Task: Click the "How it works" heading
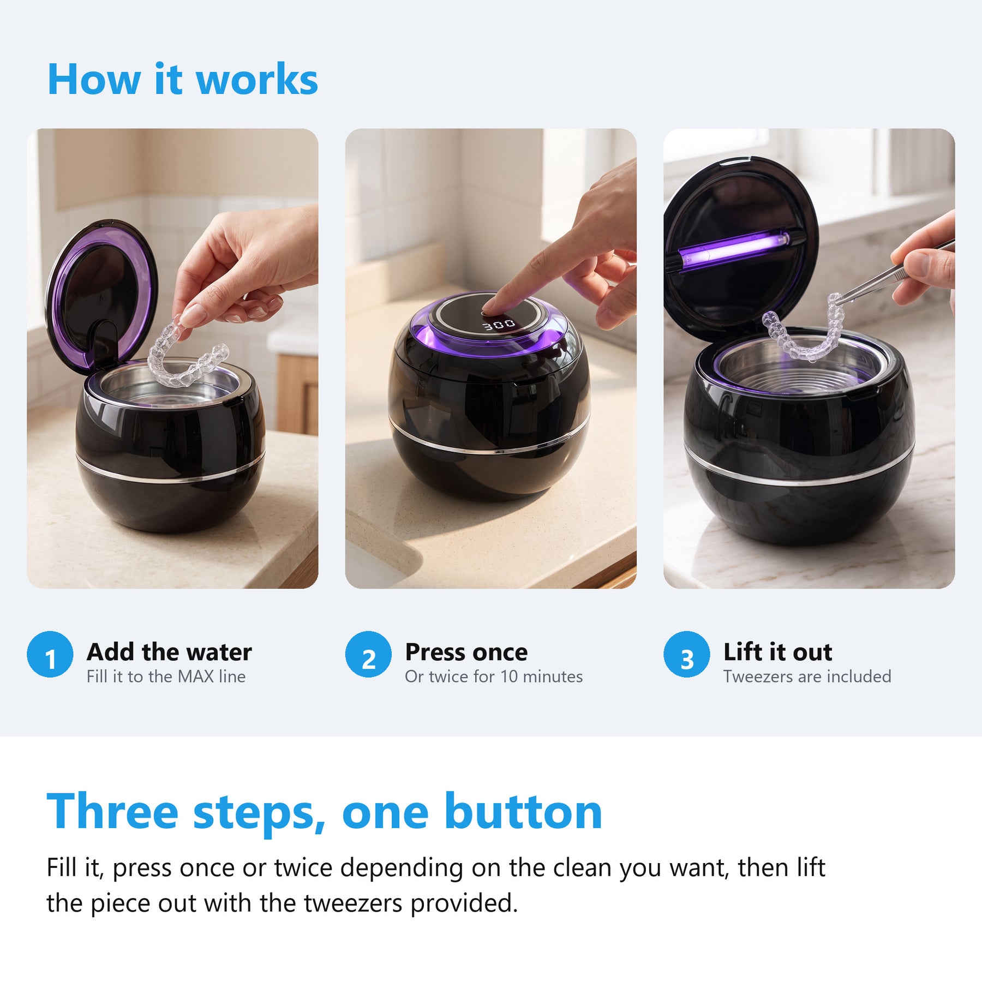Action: (x=183, y=79)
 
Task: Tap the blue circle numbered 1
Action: (x=50, y=654)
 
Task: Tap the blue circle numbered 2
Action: (x=368, y=654)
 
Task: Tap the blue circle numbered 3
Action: (x=687, y=654)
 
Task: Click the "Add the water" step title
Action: (x=169, y=652)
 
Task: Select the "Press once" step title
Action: (x=466, y=652)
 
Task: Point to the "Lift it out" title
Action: (x=778, y=652)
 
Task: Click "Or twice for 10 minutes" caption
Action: (x=494, y=676)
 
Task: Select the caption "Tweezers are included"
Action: (x=807, y=676)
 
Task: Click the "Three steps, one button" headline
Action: (x=325, y=812)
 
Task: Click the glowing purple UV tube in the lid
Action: (x=734, y=247)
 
